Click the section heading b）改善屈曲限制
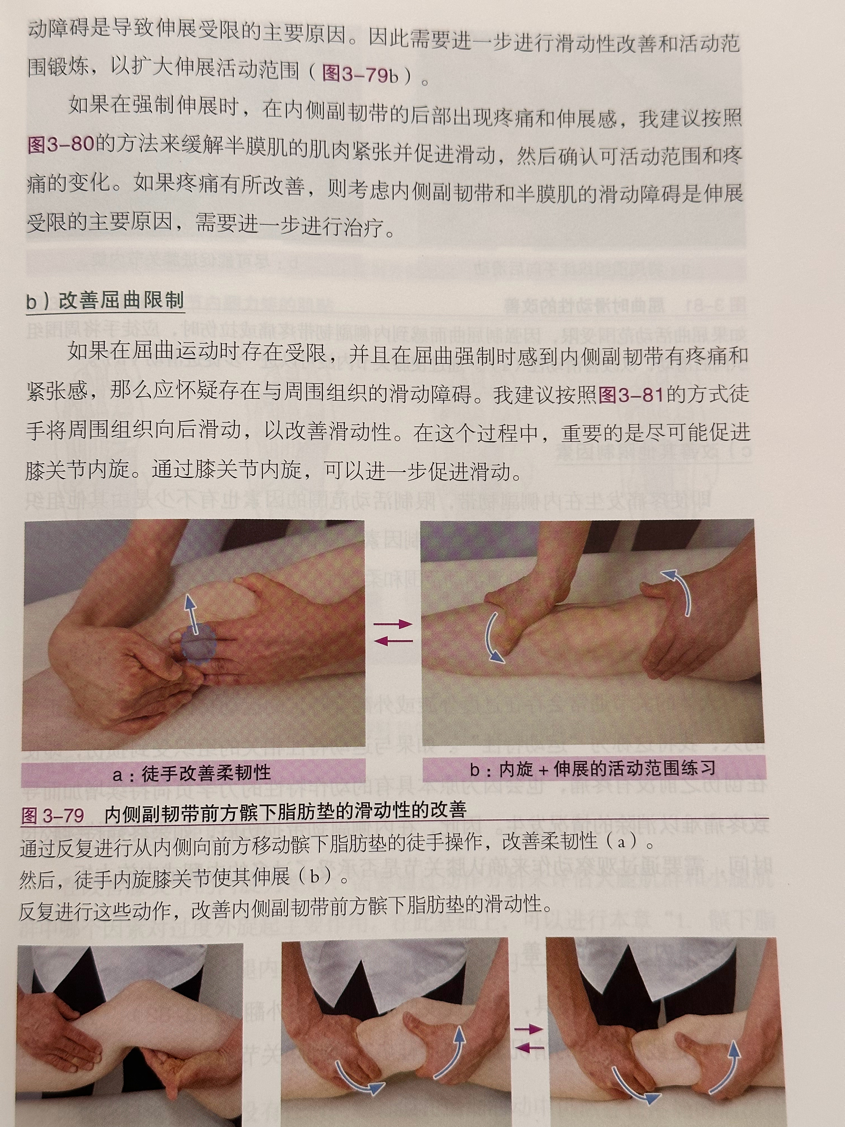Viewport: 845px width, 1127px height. tap(105, 300)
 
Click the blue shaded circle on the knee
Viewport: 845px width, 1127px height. tap(198, 645)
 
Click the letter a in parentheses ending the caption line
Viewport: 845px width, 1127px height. tap(621, 841)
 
